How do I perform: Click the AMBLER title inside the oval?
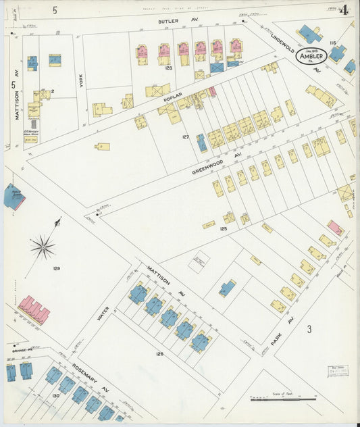coord(312,57)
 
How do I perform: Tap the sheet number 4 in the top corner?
coord(344,10)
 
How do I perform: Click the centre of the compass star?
coord(43,247)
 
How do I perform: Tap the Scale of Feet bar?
coord(283,399)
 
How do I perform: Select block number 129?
coord(57,269)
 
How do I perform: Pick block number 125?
coord(223,229)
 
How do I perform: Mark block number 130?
coord(55,395)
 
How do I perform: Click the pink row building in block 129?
coord(34,309)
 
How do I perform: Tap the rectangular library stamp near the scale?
coord(338,370)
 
